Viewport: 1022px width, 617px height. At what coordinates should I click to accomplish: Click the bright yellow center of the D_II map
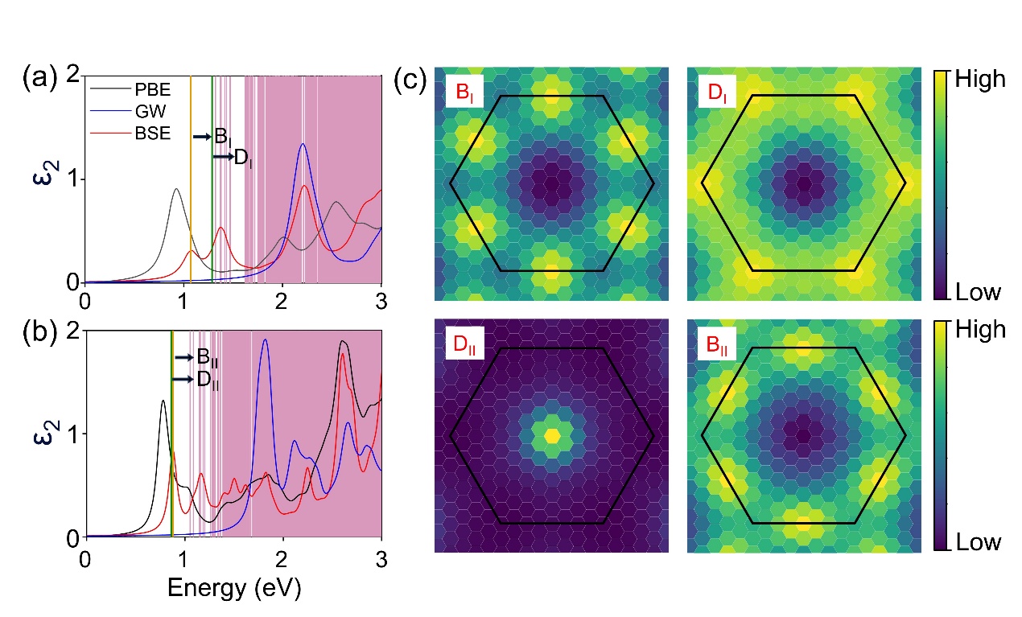tap(552, 435)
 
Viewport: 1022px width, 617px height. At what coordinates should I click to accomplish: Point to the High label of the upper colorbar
tap(979, 80)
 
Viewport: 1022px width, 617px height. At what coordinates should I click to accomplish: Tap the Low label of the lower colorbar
tap(978, 542)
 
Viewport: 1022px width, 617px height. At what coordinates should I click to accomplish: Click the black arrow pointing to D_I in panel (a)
tap(222, 158)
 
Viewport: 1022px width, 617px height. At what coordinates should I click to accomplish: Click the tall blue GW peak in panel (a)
tap(303, 146)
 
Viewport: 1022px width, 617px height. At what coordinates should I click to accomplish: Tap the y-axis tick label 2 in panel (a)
tap(71, 76)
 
